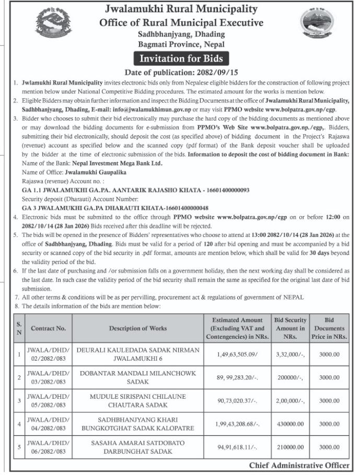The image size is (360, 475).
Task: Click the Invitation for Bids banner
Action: coord(181,58)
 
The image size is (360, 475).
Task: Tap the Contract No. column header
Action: coord(48,328)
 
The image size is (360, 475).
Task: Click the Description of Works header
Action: coord(138,328)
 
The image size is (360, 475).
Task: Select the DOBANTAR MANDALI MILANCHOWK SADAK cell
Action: coord(138,377)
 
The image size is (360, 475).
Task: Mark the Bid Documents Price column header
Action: coord(329,328)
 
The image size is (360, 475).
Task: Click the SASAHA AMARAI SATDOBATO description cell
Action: coord(138,447)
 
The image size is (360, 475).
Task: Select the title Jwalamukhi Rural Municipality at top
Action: coord(181,9)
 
